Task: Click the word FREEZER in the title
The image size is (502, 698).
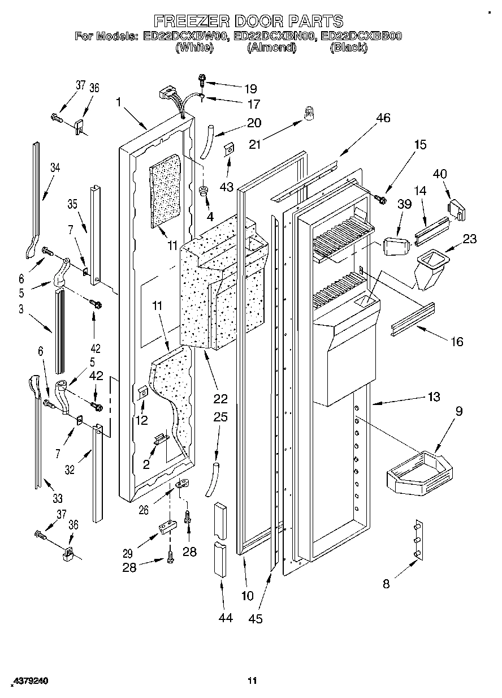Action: pyautogui.click(x=190, y=21)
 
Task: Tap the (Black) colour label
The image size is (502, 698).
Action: pyautogui.click(x=348, y=48)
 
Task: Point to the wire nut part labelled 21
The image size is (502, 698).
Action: pyautogui.click(x=309, y=114)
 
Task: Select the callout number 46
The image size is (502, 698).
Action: pyautogui.click(x=383, y=118)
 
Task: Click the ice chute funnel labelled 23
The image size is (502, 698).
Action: pyautogui.click(x=430, y=268)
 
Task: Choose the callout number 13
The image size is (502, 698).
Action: pyautogui.click(x=433, y=397)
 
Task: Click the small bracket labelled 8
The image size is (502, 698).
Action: pyautogui.click(x=418, y=540)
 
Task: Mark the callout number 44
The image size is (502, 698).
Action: pyautogui.click(x=225, y=618)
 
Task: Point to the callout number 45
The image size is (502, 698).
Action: pyautogui.click(x=256, y=619)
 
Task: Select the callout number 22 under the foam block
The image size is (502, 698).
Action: pyautogui.click(x=220, y=399)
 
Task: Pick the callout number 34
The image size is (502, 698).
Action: pyautogui.click(x=54, y=167)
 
